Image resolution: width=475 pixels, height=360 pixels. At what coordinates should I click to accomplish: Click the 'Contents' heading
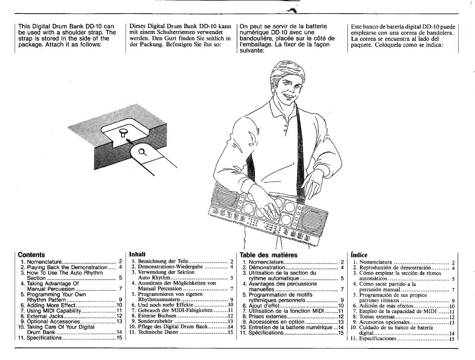[31, 255]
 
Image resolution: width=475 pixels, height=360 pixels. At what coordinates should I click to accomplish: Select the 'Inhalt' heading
[137, 254]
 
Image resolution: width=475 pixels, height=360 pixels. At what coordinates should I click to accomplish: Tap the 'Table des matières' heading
[268, 255]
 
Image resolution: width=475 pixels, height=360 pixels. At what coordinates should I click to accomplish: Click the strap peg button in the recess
[123, 131]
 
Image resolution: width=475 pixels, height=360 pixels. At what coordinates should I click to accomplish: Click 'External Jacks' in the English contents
[45, 316]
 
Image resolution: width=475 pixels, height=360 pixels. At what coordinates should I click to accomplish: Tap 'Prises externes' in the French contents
[268, 316]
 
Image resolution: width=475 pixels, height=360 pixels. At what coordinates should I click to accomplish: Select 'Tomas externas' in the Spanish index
[377, 317]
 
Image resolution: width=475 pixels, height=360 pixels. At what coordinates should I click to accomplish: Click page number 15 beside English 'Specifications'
[119, 338]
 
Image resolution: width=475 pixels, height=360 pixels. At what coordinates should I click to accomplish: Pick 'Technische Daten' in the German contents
[158, 332]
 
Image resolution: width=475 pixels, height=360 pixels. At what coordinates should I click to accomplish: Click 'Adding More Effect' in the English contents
[51, 305]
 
